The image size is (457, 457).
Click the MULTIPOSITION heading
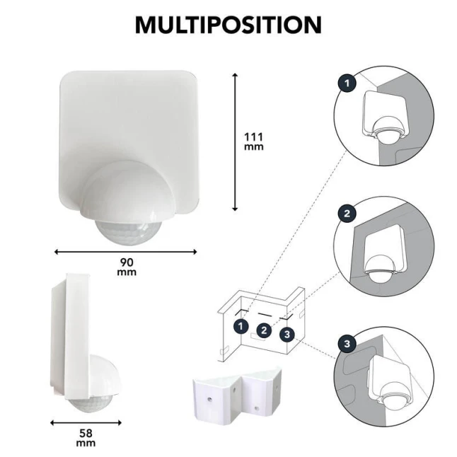pos(228,25)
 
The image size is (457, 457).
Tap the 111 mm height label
pos(253,141)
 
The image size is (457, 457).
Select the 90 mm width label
pos(127,267)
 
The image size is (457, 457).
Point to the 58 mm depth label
pos(86,438)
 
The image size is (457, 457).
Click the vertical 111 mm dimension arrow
pos(235,142)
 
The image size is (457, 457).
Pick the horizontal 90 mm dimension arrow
pos(126,252)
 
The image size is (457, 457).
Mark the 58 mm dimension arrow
pos(86,422)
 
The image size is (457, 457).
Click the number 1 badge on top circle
pos(347,83)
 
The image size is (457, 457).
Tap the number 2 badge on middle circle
pos(347,214)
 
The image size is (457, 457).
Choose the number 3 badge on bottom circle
pos(347,344)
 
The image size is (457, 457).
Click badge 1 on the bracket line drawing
pos(241,326)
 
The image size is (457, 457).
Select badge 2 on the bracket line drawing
pos(264,330)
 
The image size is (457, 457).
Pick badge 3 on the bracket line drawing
pos(287,335)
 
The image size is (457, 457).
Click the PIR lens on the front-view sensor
pos(128,233)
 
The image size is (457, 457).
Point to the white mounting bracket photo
pos(238,395)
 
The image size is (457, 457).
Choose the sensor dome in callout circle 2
pos(381,269)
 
